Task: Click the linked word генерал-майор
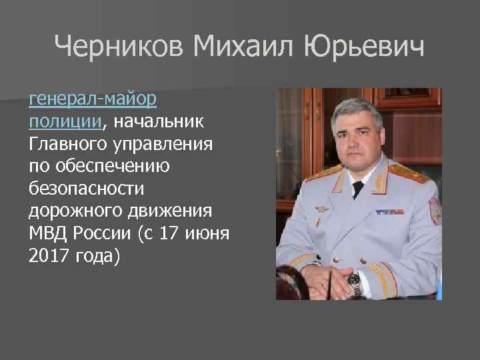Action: point(93,99)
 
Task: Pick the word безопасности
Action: point(86,188)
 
